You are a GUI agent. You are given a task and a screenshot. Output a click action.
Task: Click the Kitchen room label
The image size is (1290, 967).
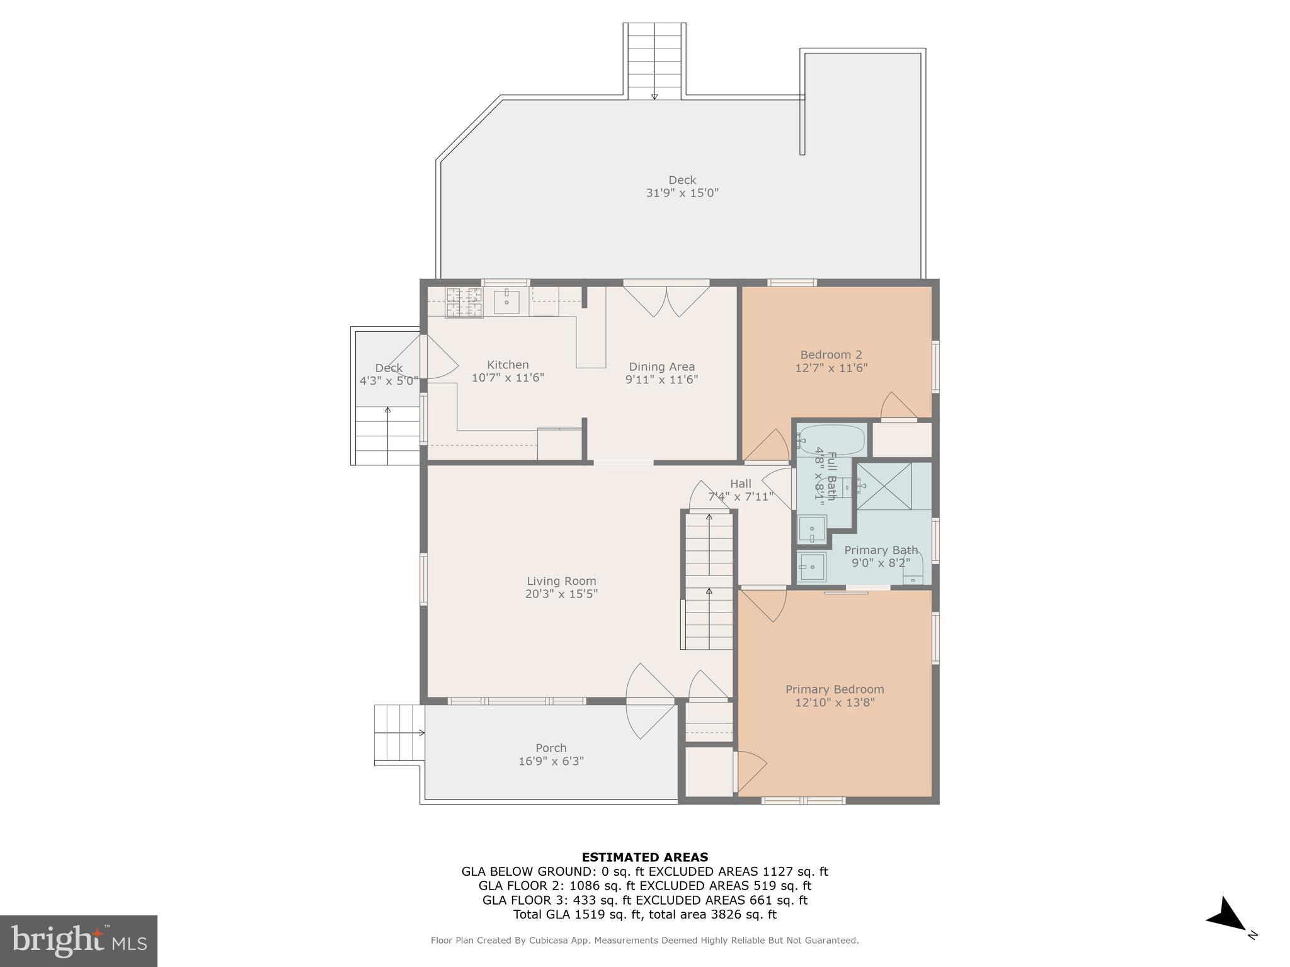click(x=508, y=365)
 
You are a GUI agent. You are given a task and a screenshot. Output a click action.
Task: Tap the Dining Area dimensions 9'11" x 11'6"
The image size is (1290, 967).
click(x=661, y=380)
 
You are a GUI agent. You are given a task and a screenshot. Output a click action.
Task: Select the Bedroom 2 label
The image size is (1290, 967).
click(x=831, y=354)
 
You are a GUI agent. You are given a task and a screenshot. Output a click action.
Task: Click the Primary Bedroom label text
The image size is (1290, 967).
click(x=835, y=689)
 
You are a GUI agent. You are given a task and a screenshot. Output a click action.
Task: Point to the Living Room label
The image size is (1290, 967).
click(x=561, y=581)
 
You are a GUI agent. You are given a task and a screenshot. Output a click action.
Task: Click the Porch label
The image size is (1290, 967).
click(x=551, y=748)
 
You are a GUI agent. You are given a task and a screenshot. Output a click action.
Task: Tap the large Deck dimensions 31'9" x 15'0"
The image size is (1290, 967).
click(x=682, y=193)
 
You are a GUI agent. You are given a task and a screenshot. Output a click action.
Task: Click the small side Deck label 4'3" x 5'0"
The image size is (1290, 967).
click(x=389, y=375)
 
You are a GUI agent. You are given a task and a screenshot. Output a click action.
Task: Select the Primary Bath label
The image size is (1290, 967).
click(x=881, y=550)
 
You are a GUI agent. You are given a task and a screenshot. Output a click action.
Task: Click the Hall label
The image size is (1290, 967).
click(x=741, y=483)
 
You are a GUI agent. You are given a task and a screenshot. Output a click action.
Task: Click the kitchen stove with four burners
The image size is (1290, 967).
click(x=464, y=302)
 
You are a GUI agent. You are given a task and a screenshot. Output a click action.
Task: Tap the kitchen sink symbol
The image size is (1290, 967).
click(x=506, y=302)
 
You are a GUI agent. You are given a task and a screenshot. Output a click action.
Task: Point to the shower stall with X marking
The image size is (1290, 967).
click(x=884, y=486)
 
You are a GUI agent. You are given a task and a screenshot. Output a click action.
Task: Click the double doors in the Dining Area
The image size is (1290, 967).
click(x=666, y=301)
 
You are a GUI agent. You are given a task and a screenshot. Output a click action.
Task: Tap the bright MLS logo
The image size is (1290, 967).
click(x=79, y=941)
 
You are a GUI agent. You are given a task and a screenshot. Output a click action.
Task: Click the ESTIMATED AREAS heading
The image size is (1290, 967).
click(x=644, y=857)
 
